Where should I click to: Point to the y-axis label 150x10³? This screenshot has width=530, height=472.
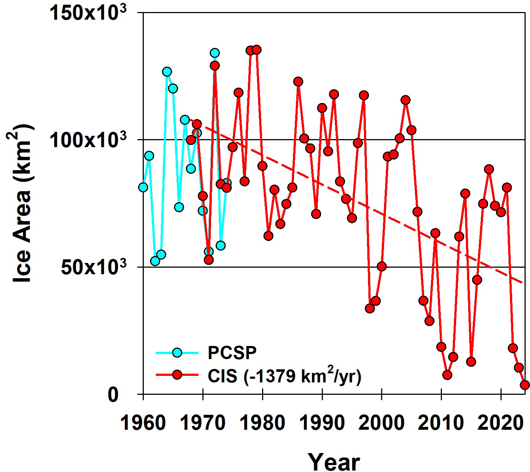(x=87, y=14)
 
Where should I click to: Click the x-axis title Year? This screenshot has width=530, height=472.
(x=334, y=462)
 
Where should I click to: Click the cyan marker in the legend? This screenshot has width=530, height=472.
(x=177, y=353)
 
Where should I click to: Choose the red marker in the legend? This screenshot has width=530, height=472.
(x=177, y=374)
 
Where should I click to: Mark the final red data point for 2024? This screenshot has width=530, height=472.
(x=525, y=385)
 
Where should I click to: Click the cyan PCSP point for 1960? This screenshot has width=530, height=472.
(x=143, y=187)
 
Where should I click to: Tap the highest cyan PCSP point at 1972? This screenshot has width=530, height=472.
(x=215, y=53)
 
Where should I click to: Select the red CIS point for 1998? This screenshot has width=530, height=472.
(x=370, y=308)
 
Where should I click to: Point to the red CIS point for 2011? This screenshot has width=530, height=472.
(x=447, y=375)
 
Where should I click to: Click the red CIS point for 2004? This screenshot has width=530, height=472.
(x=406, y=100)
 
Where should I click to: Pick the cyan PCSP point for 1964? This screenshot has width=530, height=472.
(x=167, y=71)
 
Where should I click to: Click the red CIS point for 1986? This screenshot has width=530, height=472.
(x=298, y=81)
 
